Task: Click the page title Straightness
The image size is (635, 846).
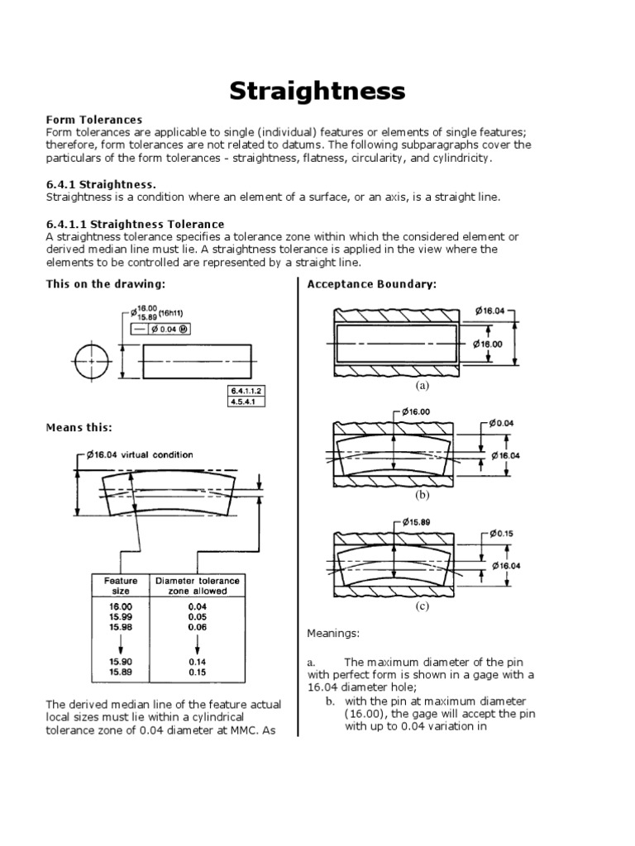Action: [317, 90]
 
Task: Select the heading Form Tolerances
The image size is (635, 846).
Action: [94, 120]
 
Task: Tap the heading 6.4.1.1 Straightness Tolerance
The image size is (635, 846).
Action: [135, 224]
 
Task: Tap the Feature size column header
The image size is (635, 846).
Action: [120, 586]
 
